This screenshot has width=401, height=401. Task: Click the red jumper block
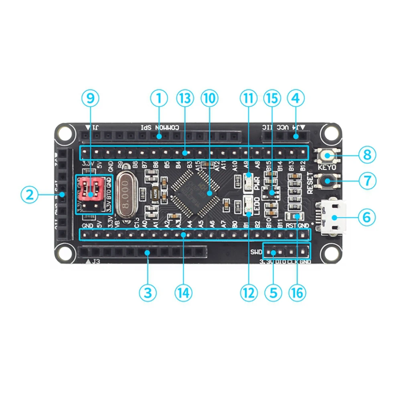tap(92, 189)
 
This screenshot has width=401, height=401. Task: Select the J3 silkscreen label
tap(95, 262)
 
